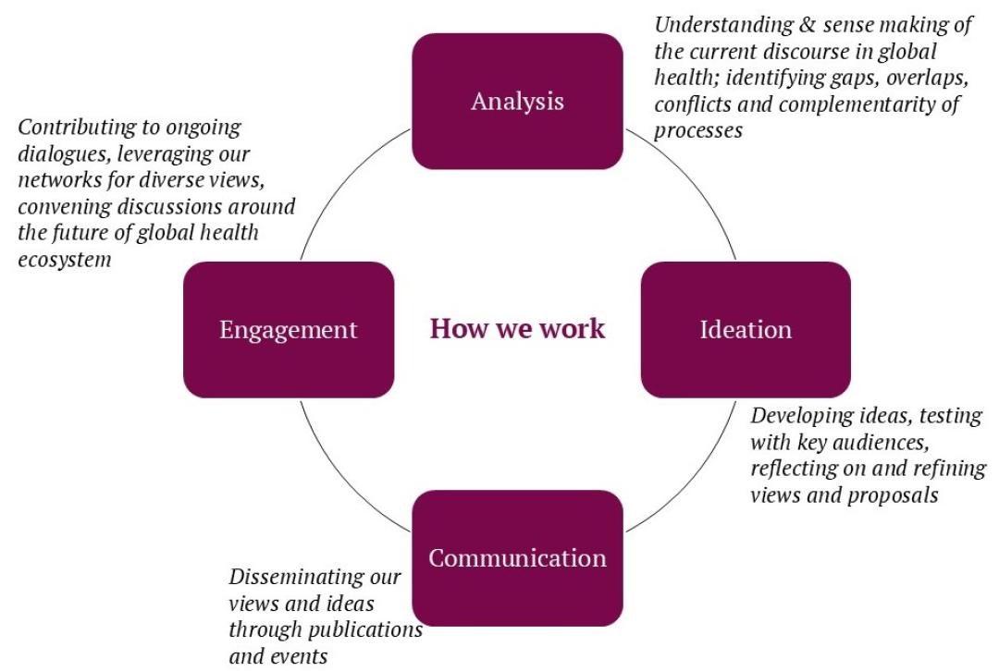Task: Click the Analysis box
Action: (x=516, y=101)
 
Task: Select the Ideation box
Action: (x=745, y=330)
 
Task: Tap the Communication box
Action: (x=516, y=558)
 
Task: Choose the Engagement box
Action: (x=288, y=330)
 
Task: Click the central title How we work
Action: (x=517, y=329)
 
